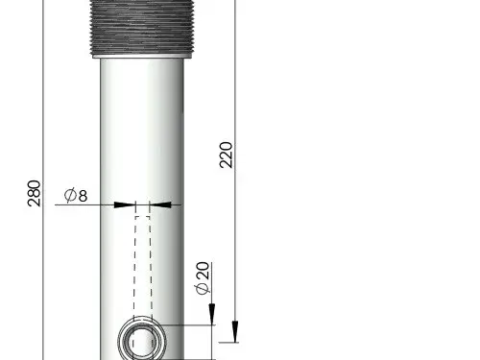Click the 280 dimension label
(35, 193)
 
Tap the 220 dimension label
(226, 155)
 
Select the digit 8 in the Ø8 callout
(83, 196)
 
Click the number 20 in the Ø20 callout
(203, 271)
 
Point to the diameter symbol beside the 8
(70, 195)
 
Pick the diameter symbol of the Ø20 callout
(203, 288)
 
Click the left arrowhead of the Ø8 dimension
(124, 204)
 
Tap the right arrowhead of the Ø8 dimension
(161, 204)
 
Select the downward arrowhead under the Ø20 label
(212, 314)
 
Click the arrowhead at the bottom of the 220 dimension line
(235, 332)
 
